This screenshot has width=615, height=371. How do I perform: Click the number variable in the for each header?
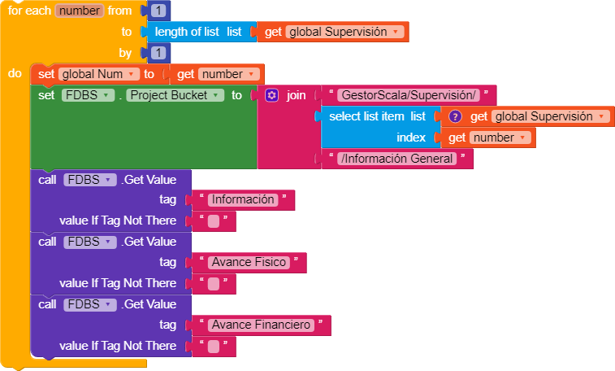80,11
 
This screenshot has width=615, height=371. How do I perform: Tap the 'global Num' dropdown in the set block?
98,74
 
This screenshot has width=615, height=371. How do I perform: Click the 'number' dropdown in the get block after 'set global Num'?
232,74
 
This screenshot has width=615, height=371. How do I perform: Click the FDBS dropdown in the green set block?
81,95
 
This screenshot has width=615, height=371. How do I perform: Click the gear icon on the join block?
272,95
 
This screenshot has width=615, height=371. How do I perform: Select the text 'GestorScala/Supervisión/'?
409,95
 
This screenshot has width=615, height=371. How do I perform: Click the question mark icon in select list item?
455,116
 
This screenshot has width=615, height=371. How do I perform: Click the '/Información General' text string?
397,159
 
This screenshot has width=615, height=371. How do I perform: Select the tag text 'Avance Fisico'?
249,262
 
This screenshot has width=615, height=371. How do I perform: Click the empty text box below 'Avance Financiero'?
214,347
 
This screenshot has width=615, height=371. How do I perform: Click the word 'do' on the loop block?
15,73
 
